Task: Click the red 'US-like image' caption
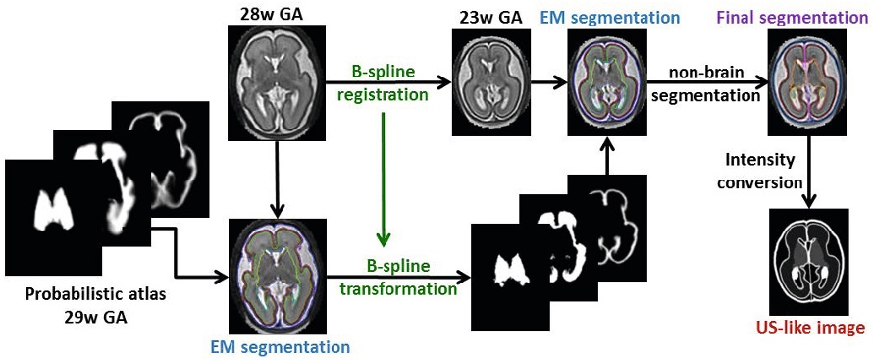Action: pos(809,329)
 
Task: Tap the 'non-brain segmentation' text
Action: pos(713,84)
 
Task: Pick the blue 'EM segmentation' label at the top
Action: pos(613,17)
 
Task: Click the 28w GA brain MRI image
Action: pos(277,80)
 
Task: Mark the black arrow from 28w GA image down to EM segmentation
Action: pos(277,177)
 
